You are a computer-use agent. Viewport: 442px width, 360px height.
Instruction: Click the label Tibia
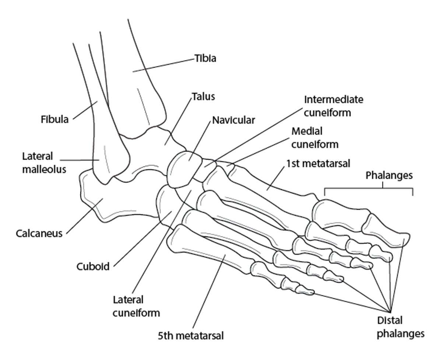pos(205,59)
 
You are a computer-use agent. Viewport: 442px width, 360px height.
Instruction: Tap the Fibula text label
pos(55,119)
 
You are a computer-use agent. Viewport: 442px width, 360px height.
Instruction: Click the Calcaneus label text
pos(39,233)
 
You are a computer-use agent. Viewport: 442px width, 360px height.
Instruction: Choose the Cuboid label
pos(93,266)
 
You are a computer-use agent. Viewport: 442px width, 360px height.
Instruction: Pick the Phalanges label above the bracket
pos(389,176)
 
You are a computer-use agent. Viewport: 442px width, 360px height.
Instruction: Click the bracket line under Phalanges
pos(368,189)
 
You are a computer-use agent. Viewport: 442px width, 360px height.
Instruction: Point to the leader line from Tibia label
pos(164,65)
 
